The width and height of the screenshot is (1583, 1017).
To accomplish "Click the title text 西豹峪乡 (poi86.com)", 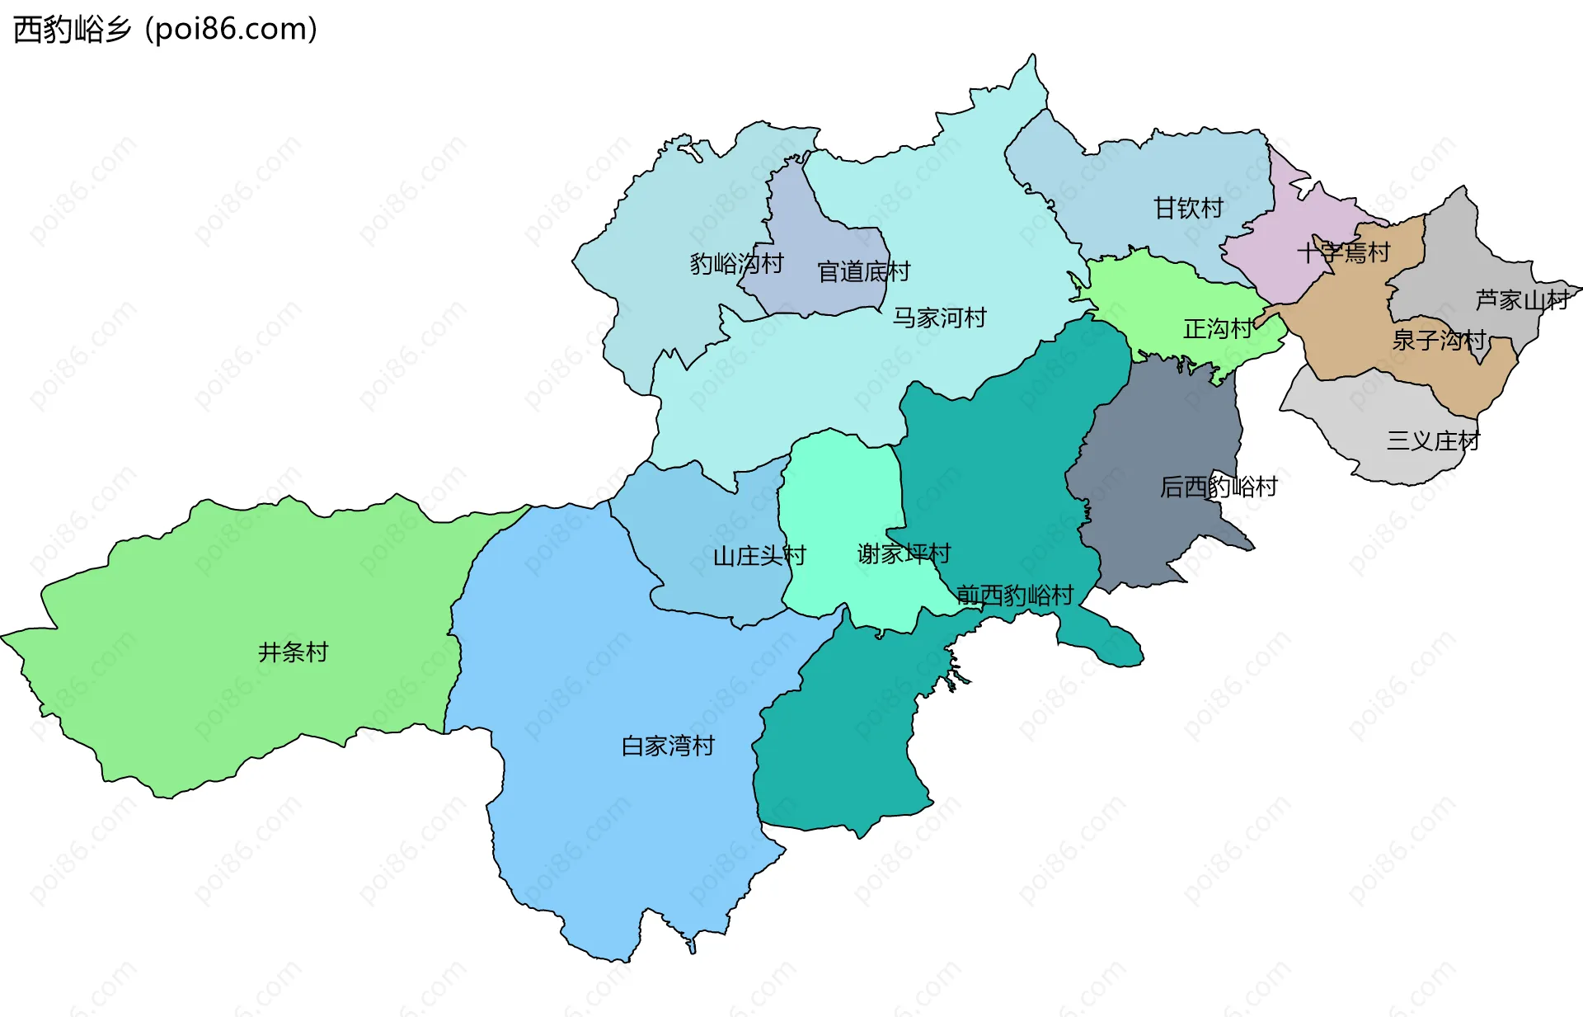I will [165, 30].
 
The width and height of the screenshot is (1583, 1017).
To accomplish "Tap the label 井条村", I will [293, 652].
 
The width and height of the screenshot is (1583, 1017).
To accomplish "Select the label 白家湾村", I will [668, 746].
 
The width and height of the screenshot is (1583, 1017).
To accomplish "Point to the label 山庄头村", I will [759, 556].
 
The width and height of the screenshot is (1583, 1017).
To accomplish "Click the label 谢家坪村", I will [904, 553].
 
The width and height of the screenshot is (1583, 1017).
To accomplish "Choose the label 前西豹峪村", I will [1015, 595].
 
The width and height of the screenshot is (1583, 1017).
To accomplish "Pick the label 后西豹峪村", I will [1218, 487].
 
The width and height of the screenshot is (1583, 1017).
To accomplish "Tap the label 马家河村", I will [939, 318].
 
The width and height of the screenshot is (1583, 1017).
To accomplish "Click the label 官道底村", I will [863, 271].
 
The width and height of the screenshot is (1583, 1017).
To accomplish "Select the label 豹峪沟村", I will [736, 264].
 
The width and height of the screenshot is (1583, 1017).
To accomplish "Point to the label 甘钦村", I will [1188, 208].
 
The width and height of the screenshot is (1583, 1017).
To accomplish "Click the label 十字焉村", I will [1343, 252].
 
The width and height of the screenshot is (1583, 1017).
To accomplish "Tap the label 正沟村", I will [1218, 329].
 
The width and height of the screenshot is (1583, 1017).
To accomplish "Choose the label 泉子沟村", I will [1439, 340].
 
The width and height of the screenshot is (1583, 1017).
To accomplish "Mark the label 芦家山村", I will [1522, 299].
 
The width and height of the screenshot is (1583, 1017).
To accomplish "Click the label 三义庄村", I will [1433, 440].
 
